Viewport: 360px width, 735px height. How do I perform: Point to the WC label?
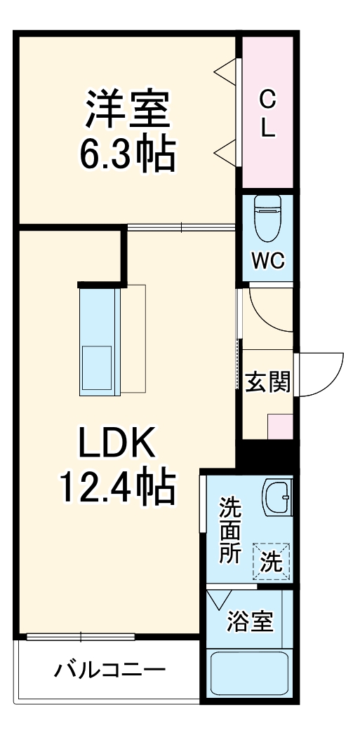pos(268,262)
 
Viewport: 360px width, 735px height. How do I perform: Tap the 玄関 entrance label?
pos(267,382)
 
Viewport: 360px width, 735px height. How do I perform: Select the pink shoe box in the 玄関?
pos(281,426)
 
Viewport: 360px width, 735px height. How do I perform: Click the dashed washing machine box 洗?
pos(272,560)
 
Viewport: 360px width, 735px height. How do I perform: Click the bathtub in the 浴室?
pos(251,674)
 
